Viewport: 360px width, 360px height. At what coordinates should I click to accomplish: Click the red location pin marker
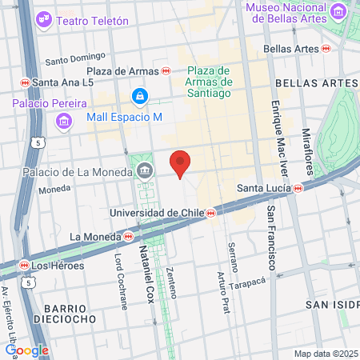(181, 163)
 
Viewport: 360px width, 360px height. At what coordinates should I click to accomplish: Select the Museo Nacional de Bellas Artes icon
(341, 12)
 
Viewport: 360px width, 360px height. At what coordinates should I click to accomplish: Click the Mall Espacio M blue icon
(140, 98)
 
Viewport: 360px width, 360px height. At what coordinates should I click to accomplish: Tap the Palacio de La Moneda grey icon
(146, 170)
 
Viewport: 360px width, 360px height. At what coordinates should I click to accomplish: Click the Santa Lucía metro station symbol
(298, 189)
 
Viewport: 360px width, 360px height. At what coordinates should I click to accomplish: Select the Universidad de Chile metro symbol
(210, 213)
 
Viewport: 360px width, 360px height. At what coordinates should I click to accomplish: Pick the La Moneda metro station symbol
(128, 236)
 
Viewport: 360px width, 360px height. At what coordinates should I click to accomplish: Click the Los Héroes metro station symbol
(25, 264)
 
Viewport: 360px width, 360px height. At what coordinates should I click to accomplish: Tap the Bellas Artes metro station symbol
(326, 49)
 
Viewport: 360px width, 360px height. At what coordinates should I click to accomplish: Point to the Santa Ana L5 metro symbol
(25, 82)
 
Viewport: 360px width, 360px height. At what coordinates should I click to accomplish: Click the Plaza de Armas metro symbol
(166, 70)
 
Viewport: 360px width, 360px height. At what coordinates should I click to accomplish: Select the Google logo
(26, 350)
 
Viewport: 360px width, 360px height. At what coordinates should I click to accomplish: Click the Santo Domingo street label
(75, 58)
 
